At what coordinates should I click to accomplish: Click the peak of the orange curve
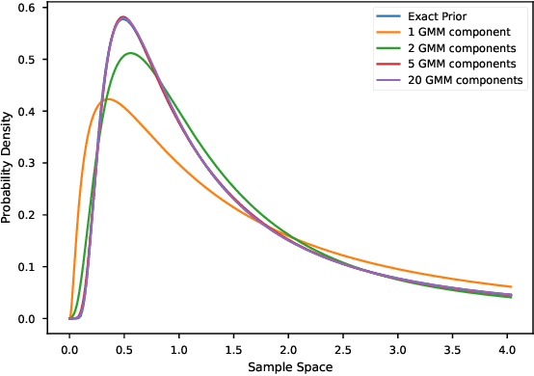coord(108,98)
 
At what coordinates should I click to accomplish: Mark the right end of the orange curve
coord(511,286)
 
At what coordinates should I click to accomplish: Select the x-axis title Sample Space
coord(290,367)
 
